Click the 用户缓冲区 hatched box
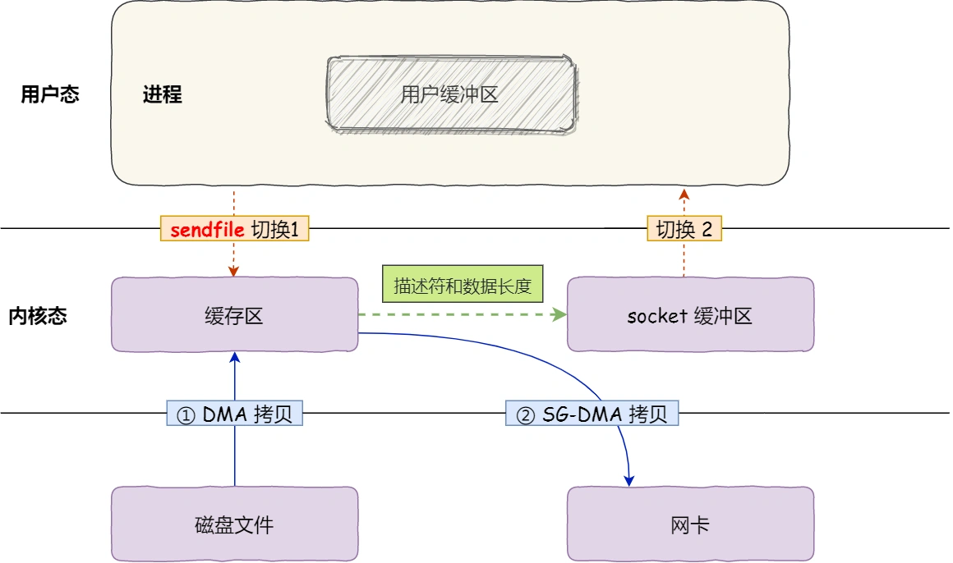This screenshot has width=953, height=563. [449, 94]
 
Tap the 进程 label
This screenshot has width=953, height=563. [162, 94]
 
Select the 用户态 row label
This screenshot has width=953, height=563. [50, 94]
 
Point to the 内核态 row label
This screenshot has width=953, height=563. [38, 316]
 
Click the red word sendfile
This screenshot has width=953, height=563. [207, 230]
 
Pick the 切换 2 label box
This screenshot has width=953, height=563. [684, 229]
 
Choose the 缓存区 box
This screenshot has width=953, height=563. [234, 315]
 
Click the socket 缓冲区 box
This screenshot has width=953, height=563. [690, 315]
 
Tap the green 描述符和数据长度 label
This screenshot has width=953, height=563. [463, 286]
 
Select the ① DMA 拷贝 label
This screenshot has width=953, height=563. [235, 414]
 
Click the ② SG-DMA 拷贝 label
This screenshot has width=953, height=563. [592, 414]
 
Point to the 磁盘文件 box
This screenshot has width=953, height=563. [234, 524]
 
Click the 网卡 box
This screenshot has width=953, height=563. [690, 524]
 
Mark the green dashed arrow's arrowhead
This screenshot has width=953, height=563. [561, 315]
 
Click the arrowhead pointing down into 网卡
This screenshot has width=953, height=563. [629, 479]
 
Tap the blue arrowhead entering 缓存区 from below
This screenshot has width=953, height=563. [235, 358]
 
